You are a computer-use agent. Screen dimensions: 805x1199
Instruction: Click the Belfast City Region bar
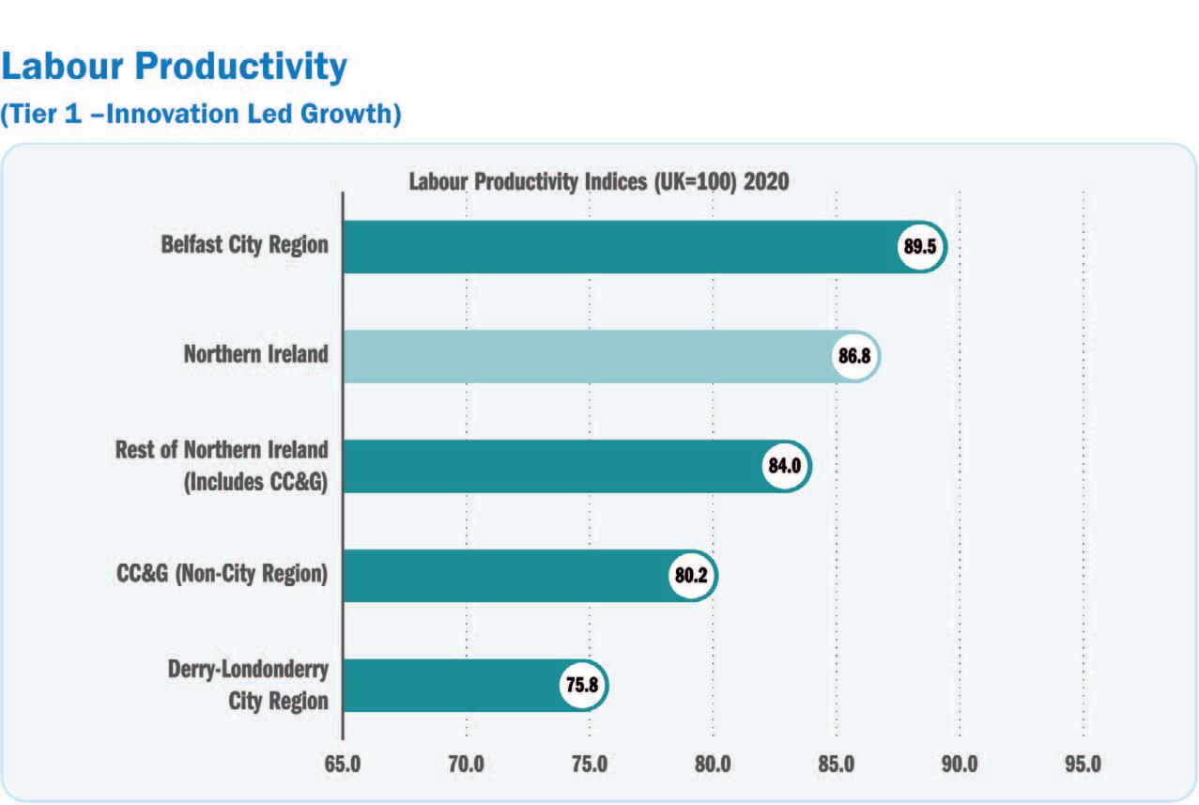[x=620, y=247]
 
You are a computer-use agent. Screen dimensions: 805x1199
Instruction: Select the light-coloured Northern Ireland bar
[x=587, y=356]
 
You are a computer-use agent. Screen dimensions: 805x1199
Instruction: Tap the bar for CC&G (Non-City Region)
[x=507, y=575]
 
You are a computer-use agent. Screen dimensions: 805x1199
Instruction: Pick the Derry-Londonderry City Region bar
[x=451, y=685]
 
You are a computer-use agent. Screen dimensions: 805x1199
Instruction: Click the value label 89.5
[x=921, y=247]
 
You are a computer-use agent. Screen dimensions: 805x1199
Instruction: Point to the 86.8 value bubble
[x=855, y=356]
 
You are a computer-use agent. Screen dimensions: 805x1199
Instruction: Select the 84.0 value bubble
[x=785, y=466]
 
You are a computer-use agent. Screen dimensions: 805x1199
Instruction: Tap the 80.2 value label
[x=692, y=575]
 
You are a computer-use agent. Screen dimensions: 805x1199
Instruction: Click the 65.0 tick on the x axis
[x=344, y=765]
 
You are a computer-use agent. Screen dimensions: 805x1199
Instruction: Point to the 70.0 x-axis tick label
[x=467, y=765]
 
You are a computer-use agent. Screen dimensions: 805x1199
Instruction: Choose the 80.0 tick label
[x=713, y=765]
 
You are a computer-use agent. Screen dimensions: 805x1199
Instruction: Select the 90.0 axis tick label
[x=960, y=765]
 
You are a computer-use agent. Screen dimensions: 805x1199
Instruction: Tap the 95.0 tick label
[x=1083, y=765]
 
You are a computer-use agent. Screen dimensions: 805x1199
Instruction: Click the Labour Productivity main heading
[x=175, y=67]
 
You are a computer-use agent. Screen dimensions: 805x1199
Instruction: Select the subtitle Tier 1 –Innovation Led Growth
[x=201, y=115]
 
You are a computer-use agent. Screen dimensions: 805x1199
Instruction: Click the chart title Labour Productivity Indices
[x=598, y=181]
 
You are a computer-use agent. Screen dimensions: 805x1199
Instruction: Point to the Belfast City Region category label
[x=245, y=245]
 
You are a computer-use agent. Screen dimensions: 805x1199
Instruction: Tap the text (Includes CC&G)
[x=255, y=482]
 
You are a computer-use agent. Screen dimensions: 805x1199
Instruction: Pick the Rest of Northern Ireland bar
[x=554, y=466]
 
